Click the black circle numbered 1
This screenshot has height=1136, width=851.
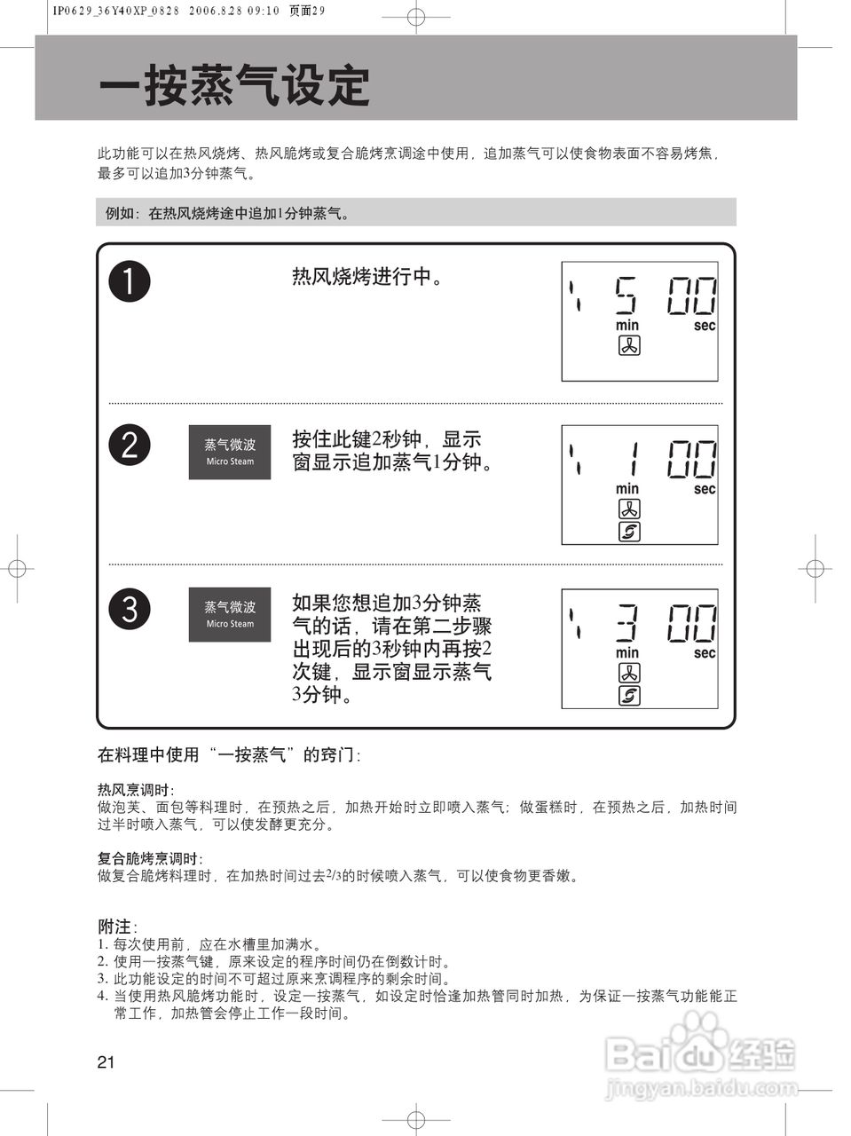click(130, 281)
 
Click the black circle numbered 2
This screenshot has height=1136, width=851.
click(130, 445)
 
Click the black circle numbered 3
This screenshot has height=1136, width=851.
click(130, 609)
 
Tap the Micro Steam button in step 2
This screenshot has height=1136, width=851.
click(230, 452)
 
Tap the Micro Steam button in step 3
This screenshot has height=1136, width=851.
click(230, 614)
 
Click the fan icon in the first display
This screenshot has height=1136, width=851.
click(628, 346)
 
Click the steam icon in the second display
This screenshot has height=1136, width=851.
click(628, 532)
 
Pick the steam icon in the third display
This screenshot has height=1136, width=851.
click(628, 696)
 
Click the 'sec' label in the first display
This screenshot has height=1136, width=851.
click(705, 326)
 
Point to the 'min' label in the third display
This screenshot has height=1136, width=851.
click(627, 653)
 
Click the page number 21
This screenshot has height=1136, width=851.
click(106, 1062)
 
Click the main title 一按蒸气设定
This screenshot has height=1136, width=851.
click(234, 86)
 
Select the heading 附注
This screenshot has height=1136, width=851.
click(115, 927)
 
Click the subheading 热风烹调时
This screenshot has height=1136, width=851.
click(135, 789)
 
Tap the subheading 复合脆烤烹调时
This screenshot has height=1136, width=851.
click(149, 858)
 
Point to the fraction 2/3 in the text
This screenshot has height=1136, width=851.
click(334, 875)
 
